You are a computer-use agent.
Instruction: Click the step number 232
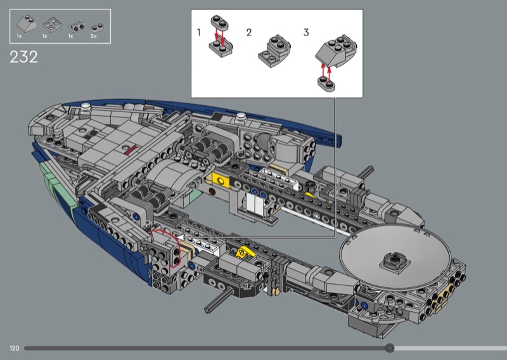[x=23, y=57]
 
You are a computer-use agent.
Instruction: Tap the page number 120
[x=14, y=348]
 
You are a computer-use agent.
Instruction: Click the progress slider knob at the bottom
[x=390, y=348]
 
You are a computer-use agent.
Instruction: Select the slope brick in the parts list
[x=27, y=23]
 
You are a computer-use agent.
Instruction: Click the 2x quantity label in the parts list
[x=93, y=36]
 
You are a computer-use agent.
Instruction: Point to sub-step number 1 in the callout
[x=199, y=32]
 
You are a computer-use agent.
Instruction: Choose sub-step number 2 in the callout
[x=248, y=32]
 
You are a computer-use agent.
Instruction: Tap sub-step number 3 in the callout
[x=306, y=32]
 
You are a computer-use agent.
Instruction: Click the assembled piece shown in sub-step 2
[x=274, y=51]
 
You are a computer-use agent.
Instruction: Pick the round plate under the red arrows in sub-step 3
[x=326, y=83]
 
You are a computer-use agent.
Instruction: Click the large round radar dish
[x=395, y=255]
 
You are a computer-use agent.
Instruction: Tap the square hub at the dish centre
[x=395, y=260]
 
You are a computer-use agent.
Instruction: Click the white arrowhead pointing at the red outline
[x=180, y=238]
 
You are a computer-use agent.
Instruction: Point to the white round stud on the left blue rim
[x=86, y=106]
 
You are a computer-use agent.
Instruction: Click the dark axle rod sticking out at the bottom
[x=219, y=300]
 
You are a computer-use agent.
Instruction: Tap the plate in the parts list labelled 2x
[x=97, y=28]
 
